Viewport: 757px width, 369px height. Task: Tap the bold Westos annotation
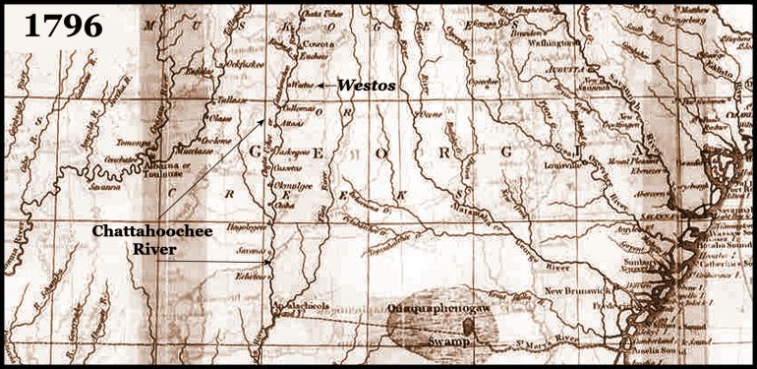(x=367, y=86)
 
